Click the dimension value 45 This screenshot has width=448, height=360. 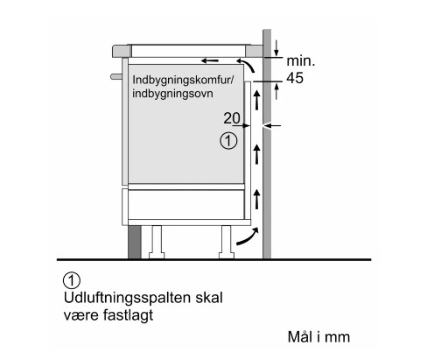coord(295,78)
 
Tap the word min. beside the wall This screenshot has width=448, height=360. coord(301,60)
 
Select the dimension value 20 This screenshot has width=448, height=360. coord(232,118)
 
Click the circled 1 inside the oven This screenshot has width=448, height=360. coord(228,141)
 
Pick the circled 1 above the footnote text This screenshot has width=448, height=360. coord(72,280)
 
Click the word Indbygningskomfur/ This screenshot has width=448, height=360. coord(183,80)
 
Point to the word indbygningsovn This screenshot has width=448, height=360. coord(172,94)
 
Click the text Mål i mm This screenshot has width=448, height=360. coord(318,337)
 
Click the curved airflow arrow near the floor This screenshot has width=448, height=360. coord(248,237)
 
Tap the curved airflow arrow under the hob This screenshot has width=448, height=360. coord(246,63)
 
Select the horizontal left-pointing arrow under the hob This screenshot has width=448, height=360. coord(210,60)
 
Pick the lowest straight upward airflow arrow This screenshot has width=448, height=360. coord(257,199)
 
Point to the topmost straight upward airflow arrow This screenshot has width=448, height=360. coord(257,100)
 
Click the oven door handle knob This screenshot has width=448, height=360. coord(116,76)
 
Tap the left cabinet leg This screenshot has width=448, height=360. coord(157,242)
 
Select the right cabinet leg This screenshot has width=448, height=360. coord(227,242)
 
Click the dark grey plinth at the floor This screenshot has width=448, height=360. coord(135,242)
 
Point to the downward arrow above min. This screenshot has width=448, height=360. coord(276,48)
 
